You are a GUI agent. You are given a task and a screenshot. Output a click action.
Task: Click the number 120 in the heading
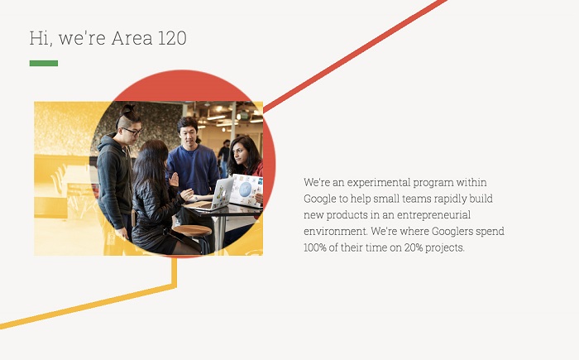[172, 38]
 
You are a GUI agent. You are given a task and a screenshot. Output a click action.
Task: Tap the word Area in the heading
[132, 38]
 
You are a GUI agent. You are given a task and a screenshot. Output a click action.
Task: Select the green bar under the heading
[44, 63]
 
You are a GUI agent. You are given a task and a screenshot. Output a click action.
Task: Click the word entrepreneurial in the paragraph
[433, 215]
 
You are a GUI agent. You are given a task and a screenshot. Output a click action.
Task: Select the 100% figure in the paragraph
[314, 247]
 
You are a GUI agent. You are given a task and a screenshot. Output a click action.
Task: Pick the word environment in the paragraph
[335, 232]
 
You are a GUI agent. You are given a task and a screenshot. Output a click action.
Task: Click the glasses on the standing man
[132, 131]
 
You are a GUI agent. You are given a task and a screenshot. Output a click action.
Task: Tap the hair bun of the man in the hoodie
[127, 108]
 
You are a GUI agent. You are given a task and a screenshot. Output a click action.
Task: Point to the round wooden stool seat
[192, 231]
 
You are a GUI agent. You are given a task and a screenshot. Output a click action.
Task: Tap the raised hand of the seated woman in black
[174, 180]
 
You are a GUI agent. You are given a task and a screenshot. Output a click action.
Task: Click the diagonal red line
[355, 55]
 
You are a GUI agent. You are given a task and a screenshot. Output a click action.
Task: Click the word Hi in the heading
[39, 38]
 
